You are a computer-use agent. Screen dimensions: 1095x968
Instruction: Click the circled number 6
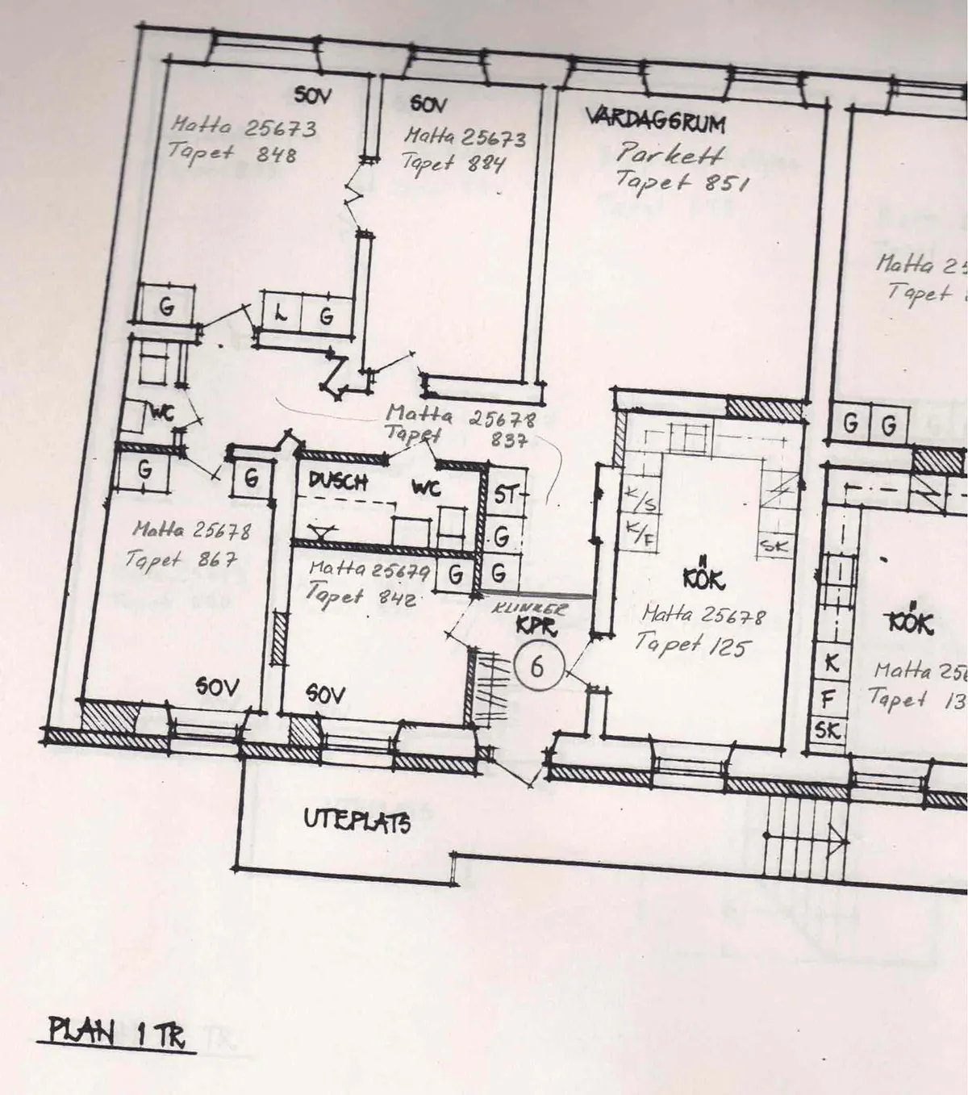click(536, 667)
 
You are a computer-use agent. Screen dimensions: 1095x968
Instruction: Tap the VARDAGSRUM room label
click(655, 121)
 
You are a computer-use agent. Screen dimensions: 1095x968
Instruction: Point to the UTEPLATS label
click(357, 821)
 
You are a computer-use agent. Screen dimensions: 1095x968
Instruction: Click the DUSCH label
click(338, 482)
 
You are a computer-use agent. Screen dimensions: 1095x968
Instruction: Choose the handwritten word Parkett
click(671, 153)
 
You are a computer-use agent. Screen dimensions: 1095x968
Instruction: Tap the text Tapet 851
click(682, 182)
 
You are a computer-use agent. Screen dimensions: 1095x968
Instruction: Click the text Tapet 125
click(692, 645)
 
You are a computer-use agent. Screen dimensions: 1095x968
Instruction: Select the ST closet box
click(505, 495)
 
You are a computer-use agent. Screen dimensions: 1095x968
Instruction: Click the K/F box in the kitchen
click(640, 533)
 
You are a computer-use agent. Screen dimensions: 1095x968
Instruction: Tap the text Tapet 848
click(232, 153)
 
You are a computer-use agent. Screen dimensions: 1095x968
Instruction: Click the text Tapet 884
click(453, 164)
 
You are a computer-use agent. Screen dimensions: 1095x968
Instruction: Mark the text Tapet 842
click(360, 596)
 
